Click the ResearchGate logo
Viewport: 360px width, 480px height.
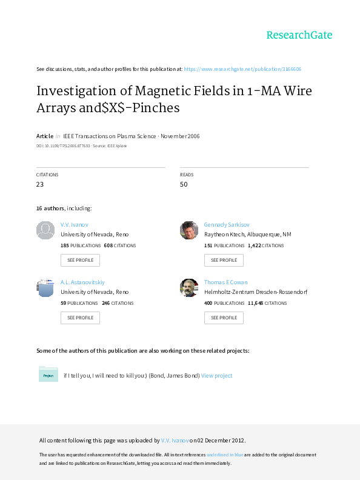coord(299,35)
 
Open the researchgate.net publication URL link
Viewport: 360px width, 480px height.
coord(242,69)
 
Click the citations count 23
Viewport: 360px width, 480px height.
coord(40,184)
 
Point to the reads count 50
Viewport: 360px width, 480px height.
coord(184,184)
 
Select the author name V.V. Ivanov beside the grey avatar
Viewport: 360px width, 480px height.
coord(75,225)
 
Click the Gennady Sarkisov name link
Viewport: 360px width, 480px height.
coord(227,225)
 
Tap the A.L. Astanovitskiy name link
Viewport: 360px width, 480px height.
coord(82,282)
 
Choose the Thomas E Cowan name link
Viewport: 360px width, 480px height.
coord(226,282)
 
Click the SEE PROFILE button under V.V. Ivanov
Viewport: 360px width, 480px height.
coord(80,260)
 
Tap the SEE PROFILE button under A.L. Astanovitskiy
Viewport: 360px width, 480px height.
coord(80,318)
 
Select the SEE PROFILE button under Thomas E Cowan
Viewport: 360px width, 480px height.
coord(224,318)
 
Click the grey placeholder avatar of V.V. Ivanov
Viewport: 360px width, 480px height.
coord(45,230)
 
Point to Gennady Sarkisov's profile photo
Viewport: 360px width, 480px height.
coord(189,230)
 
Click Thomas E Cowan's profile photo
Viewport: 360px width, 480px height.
coord(189,288)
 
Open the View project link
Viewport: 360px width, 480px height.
coord(217,376)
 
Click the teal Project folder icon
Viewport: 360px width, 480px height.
coord(48,374)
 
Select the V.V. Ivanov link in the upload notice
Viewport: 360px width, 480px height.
coord(175,441)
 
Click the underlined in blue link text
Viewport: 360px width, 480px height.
coord(225,455)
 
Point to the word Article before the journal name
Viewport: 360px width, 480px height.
coord(45,136)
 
